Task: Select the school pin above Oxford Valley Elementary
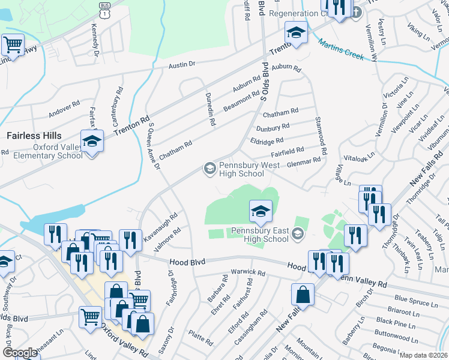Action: (92, 142)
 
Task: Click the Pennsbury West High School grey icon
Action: (209, 168)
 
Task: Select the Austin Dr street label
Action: (182, 64)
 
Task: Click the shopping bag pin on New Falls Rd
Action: (303, 295)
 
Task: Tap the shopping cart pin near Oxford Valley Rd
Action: (91, 317)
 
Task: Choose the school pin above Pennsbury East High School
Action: (261, 211)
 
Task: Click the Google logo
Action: (20, 353)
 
